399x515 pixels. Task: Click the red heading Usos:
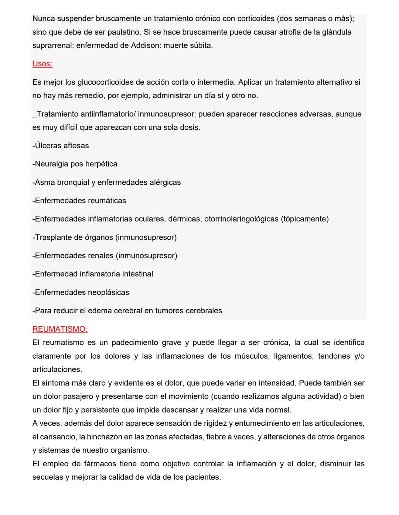(42, 64)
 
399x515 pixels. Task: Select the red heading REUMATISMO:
(60, 329)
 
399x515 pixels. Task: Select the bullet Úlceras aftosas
(61, 146)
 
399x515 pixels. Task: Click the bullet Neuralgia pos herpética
(75, 164)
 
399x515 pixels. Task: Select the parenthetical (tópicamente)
(305, 219)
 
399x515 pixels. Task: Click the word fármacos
(99, 464)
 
